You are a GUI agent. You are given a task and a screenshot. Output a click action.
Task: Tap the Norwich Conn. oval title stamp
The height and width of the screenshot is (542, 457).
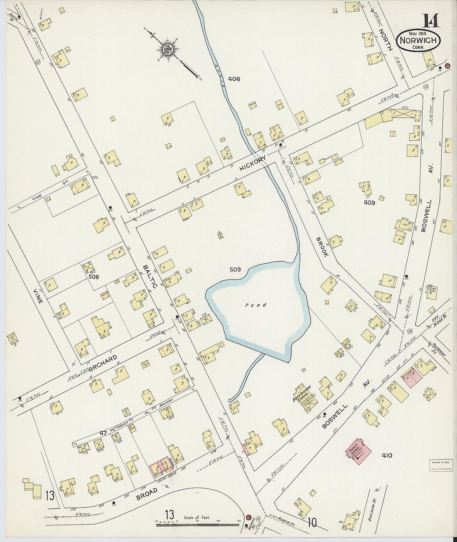tap(418, 40)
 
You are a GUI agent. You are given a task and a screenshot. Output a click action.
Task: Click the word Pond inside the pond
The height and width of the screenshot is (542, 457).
tap(256, 305)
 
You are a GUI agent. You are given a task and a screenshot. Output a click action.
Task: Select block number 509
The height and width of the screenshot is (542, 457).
tap(235, 270)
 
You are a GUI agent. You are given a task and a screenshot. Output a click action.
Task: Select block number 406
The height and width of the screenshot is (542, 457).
tap(234, 79)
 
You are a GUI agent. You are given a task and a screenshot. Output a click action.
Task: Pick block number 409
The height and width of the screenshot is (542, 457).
tap(369, 203)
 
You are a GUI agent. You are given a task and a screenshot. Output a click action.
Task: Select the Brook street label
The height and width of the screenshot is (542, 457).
tap(322, 247)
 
